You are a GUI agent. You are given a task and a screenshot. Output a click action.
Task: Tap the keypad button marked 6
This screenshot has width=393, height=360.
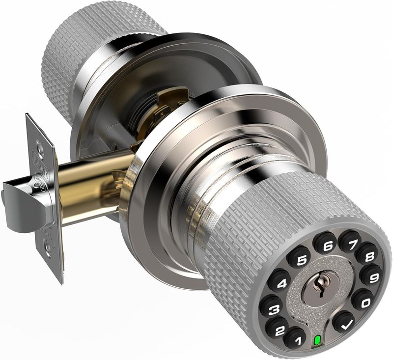[328, 243]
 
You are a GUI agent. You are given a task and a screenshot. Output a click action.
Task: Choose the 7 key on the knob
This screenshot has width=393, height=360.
[350, 241]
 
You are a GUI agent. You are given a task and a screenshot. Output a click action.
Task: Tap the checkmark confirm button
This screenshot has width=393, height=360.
[344, 323]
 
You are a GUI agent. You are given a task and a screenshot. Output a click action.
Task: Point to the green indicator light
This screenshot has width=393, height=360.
[317, 340]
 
